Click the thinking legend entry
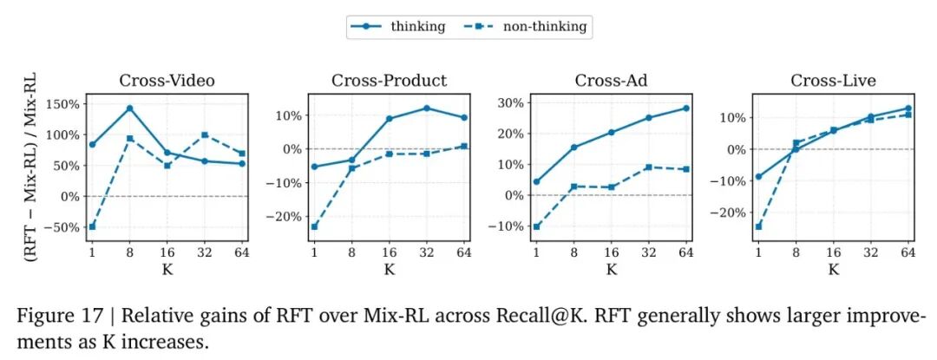(398, 27)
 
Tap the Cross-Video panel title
(167, 81)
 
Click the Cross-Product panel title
(389, 81)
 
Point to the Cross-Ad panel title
(612, 81)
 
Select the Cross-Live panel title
(833, 81)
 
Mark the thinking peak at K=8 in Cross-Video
(129, 108)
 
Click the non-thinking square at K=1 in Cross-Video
(92, 226)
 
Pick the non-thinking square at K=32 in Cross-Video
(205, 135)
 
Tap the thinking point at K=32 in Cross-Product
(427, 108)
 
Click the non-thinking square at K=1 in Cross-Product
(314, 226)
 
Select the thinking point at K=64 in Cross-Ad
(686, 108)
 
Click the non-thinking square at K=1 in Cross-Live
(758, 226)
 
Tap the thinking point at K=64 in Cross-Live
(908, 108)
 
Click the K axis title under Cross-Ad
(612, 269)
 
